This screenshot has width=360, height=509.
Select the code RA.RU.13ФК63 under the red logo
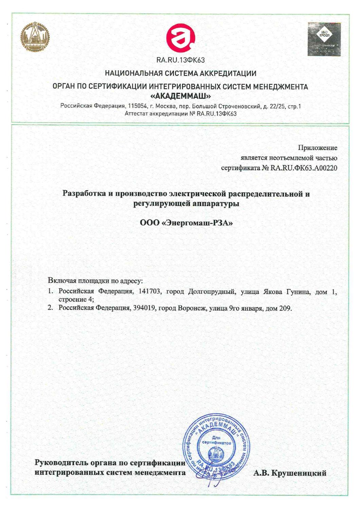pyautogui.click(x=180, y=60)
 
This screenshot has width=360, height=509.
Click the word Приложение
pyautogui.click(x=318, y=148)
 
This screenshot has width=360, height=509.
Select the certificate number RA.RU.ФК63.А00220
pyautogui.click(x=304, y=168)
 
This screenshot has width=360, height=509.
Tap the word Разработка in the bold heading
pyautogui.click(x=84, y=194)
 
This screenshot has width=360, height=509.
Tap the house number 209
pyautogui.click(x=285, y=308)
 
